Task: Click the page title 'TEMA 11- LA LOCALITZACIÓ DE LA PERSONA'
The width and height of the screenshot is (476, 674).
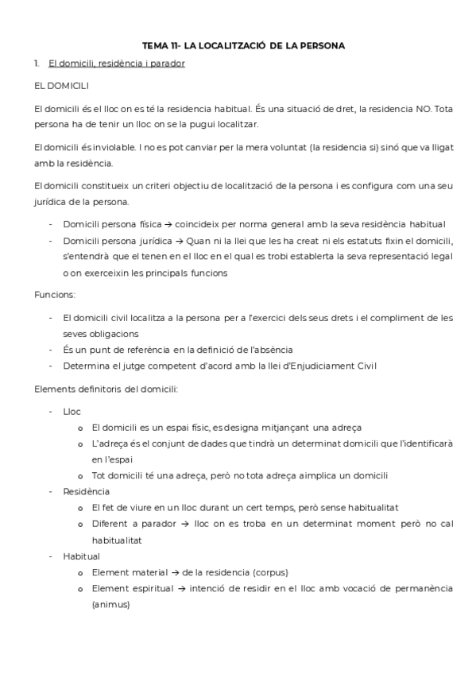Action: click(x=243, y=46)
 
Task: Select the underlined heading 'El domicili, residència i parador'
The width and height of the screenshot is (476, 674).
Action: click(x=116, y=64)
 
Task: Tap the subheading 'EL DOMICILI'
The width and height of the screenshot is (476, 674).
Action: click(x=61, y=85)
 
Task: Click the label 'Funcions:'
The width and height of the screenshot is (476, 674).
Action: click(x=55, y=294)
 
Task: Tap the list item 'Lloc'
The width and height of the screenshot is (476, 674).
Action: click(x=72, y=411)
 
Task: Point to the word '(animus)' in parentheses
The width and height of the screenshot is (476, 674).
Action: click(x=110, y=603)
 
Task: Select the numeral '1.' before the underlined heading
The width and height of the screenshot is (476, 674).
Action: click(x=37, y=64)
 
